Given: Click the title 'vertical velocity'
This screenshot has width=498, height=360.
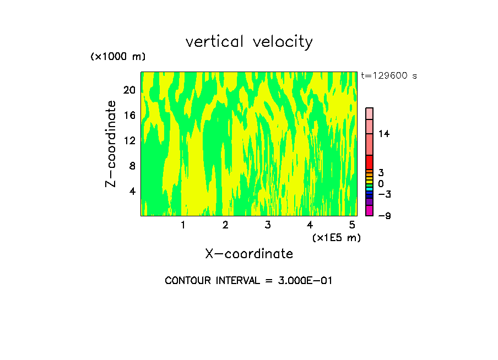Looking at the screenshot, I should tap(249, 42).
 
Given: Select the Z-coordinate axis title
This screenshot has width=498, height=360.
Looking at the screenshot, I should tap(111, 144).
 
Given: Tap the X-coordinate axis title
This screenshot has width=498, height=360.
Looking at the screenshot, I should tap(249, 254).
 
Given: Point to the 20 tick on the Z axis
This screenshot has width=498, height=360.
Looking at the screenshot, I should tap(129, 90).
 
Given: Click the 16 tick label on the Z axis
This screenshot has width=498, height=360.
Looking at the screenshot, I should tap(129, 116).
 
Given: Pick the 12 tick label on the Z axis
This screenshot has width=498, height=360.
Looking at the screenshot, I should tap(129, 141).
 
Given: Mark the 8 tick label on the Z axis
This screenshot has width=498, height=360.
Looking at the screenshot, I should tap(132, 166).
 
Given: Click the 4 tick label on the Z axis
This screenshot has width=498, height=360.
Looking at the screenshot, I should tap(132, 191).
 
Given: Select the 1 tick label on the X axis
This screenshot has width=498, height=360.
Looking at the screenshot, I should tap(183, 225).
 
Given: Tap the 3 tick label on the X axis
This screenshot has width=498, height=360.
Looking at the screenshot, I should tap(268, 225).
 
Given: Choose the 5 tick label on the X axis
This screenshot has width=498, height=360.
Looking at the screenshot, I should tap(351, 225).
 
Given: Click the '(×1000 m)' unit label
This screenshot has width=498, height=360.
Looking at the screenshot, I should tap(118, 57).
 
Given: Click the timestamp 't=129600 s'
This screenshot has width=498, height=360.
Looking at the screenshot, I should tap(388, 76).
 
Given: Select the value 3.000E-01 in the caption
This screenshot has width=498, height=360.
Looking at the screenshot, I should tap(304, 281).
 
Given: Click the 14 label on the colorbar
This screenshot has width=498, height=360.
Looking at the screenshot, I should tap(384, 134).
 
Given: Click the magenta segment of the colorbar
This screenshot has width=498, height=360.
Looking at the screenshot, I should tap(369, 210).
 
